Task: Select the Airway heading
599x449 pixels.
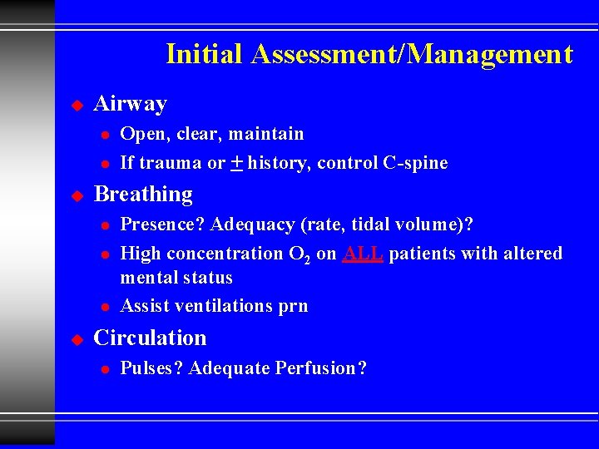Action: click(x=131, y=104)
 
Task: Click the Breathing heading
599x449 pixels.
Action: click(x=143, y=195)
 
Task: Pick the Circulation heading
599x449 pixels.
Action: click(x=150, y=338)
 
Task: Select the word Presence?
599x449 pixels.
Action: click(x=163, y=224)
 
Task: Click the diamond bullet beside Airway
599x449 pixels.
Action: click(x=77, y=106)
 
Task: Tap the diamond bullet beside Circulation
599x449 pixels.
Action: click(x=77, y=339)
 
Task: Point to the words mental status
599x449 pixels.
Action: click(x=176, y=278)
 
